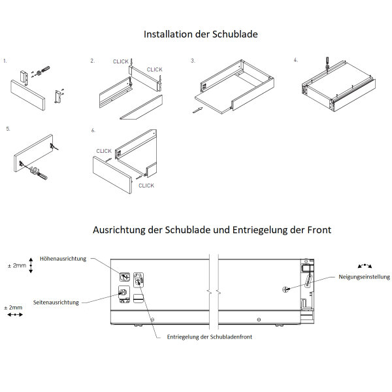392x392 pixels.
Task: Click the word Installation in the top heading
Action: [x=167, y=34]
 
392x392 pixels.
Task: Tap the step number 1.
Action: [x=5, y=61]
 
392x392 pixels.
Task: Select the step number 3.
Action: [x=193, y=60]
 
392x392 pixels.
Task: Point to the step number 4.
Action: [x=295, y=60]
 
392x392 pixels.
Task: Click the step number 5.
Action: [x=8, y=129]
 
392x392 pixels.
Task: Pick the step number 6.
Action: [x=93, y=130]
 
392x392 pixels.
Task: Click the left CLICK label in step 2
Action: [x=121, y=61]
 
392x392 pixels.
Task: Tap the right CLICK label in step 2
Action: [x=154, y=69]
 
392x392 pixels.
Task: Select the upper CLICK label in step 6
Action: [x=104, y=151]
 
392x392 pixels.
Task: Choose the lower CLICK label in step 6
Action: [x=146, y=186]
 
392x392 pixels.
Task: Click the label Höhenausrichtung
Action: [x=63, y=259]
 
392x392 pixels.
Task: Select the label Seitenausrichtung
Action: [x=56, y=302]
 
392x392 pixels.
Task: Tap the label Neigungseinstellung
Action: [x=365, y=276]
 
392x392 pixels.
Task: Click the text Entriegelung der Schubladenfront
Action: [x=210, y=336]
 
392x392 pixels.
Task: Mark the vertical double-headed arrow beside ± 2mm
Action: [x=31, y=266]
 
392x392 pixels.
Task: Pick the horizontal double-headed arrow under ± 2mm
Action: [x=14, y=315]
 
